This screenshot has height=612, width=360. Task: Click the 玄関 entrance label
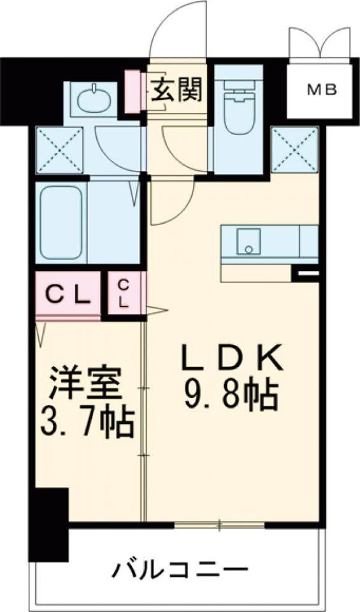click(176, 89)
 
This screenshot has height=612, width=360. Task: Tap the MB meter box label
click(323, 90)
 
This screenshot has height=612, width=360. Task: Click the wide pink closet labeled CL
click(68, 295)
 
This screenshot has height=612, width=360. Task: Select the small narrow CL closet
click(124, 294)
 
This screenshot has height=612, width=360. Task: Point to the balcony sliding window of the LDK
click(219, 525)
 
